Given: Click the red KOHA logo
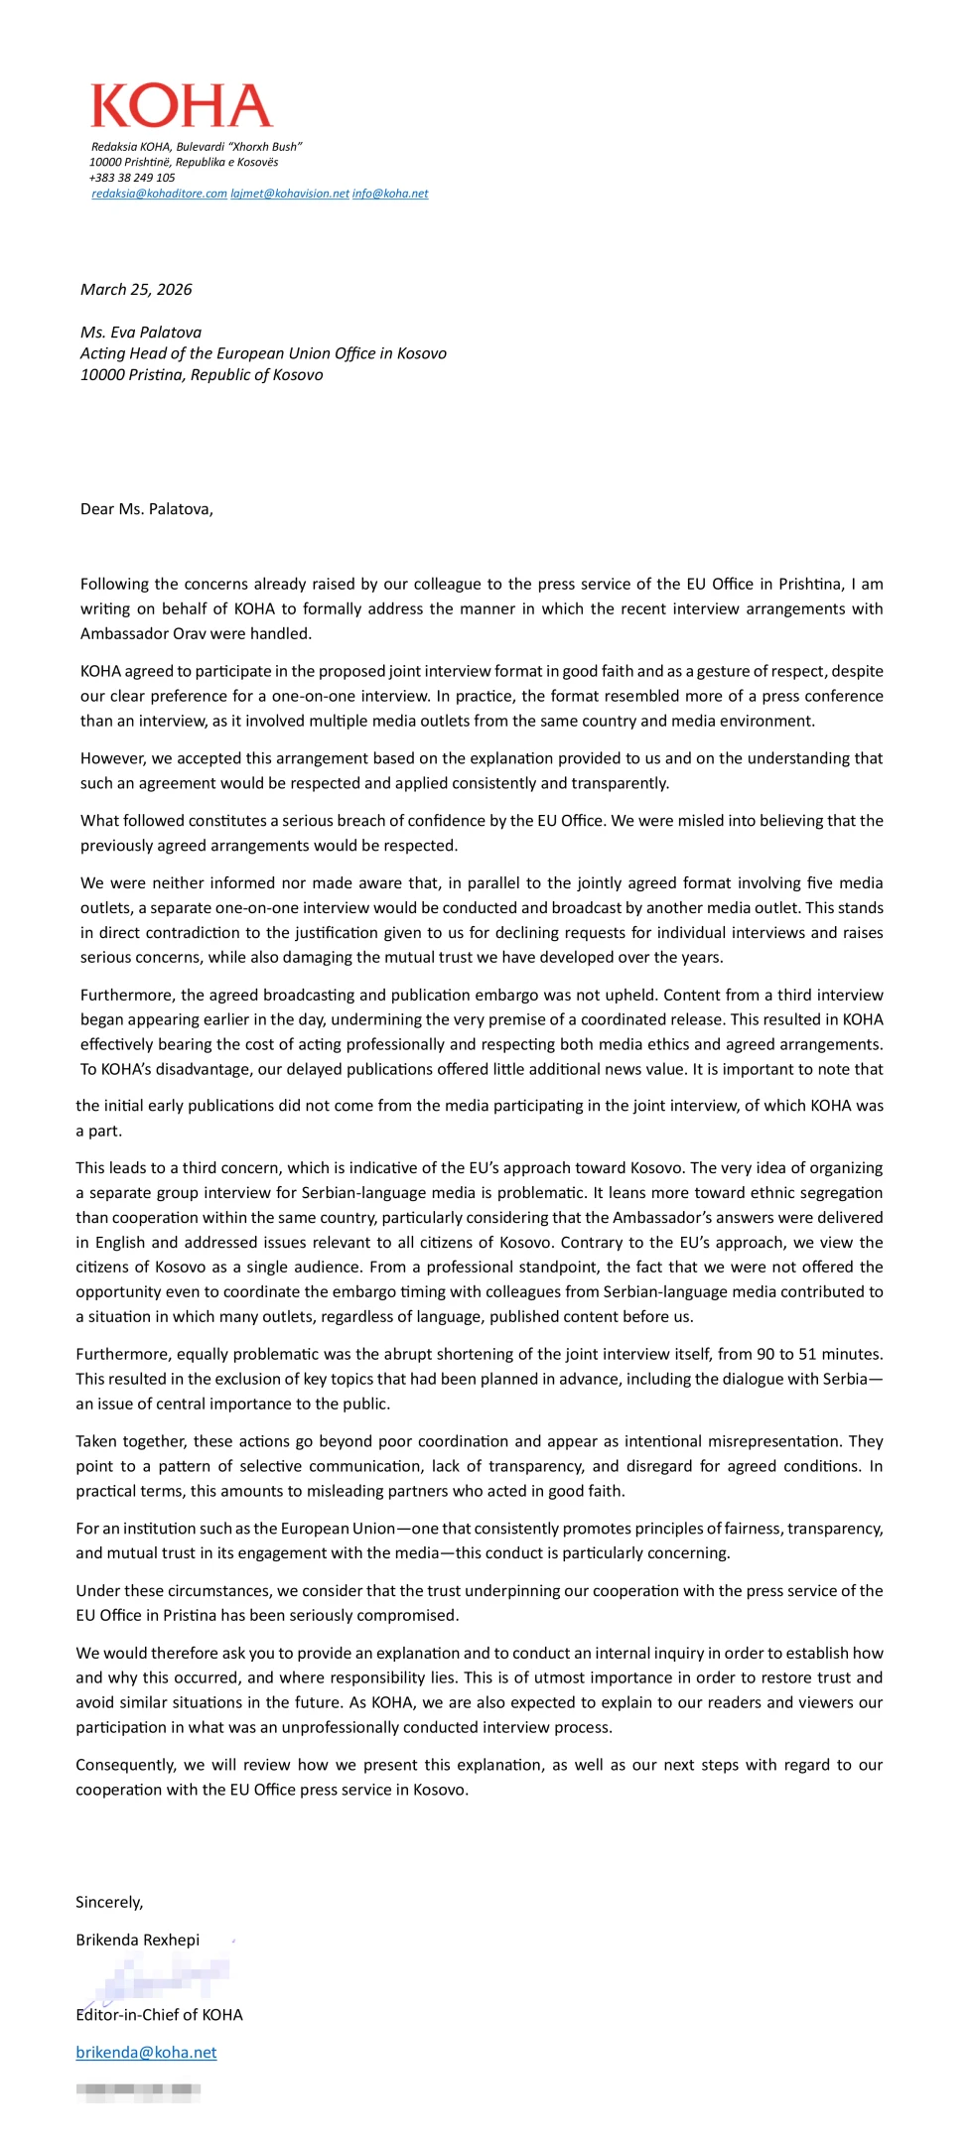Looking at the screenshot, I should pyautogui.click(x=182, y=106).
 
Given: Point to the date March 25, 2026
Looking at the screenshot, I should pyautogui.click(x=136, y=290).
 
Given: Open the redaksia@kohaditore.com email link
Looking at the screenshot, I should pyautogui.click(x=159, y=194).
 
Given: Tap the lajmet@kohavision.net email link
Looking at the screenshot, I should pyautogui.click(x=290, y=194).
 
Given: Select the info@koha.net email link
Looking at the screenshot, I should pyautogui.click(x=390, y=194).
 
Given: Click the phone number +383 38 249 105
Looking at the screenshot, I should pyautogui.click(x=132, y=178).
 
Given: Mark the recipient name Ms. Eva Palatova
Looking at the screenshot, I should pyautogui.click(x=141, y=333).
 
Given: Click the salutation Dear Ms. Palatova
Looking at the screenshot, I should pyautogui.click(x=146, y=509).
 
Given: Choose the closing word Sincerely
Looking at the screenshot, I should pyautogui.click(x=109, y=1902).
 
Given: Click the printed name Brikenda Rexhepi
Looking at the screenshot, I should pyautogui.click(x=137, y=1940).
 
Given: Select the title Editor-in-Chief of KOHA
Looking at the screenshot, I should pyautogui.click(x=159, y=2014).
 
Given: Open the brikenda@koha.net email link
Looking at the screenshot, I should pyautogui.click(x=146, y=2052).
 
